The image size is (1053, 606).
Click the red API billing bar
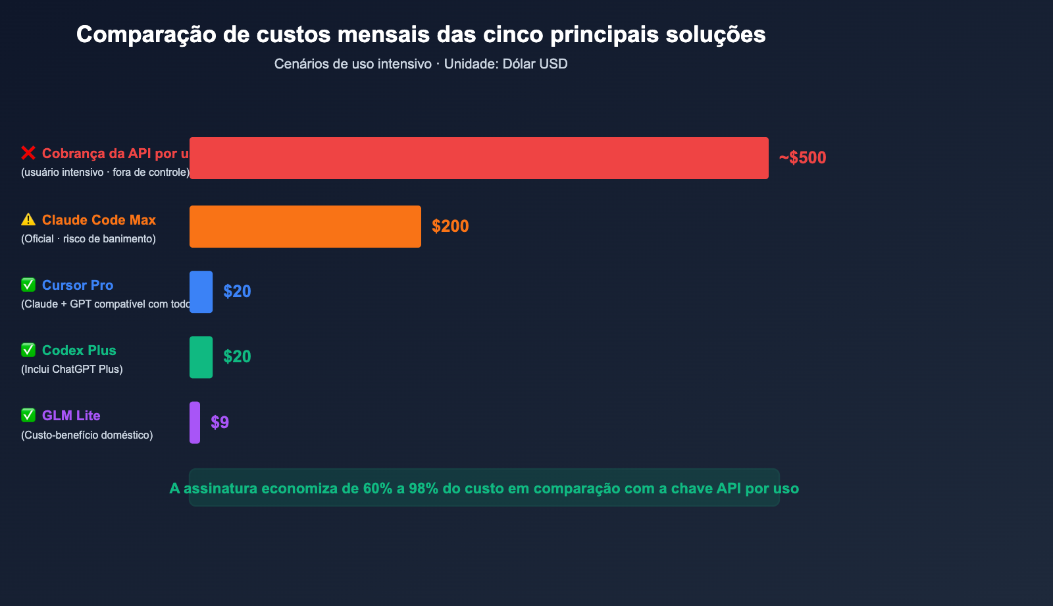point(478,158)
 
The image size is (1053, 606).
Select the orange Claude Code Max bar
point(305,227)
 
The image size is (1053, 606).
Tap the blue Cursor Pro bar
point(201,292)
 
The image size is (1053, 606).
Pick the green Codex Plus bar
point(201,357)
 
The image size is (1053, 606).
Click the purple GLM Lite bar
point(195,422)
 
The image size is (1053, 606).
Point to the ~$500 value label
point(802,158)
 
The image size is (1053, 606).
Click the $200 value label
point(450,227)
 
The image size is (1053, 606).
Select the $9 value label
point(220,422)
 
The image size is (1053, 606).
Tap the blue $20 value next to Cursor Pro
point(237,292)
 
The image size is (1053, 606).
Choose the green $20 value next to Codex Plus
point(237,357)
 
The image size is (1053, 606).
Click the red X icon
point(28,153)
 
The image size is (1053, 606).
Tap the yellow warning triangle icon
point(28,219)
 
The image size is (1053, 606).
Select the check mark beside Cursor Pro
point(28,285)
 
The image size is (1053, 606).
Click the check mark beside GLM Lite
point(28,415)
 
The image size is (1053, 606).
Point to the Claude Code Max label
point(99,220)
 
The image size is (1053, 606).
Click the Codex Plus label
point(79,350)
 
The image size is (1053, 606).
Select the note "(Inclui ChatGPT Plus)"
point(72,369)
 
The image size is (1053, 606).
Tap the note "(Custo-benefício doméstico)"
point(87,435)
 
